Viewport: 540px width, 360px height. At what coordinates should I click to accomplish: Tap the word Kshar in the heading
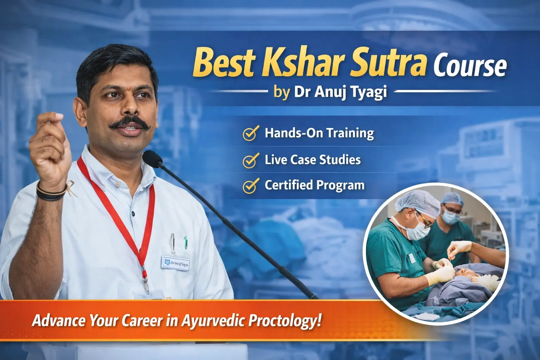pyautogui.click(x=303, y=63)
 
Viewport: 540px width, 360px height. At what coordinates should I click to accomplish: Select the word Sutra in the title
pyautogui.click(x=389, y=63)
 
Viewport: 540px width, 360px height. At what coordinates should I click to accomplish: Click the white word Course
pyautogui.click(x=470, y=66)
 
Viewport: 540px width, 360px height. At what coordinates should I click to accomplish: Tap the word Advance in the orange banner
pyautogui.click(x=58, y=320)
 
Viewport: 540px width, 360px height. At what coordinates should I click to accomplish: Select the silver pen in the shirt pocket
pyautogui.click(x=173, y=243)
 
